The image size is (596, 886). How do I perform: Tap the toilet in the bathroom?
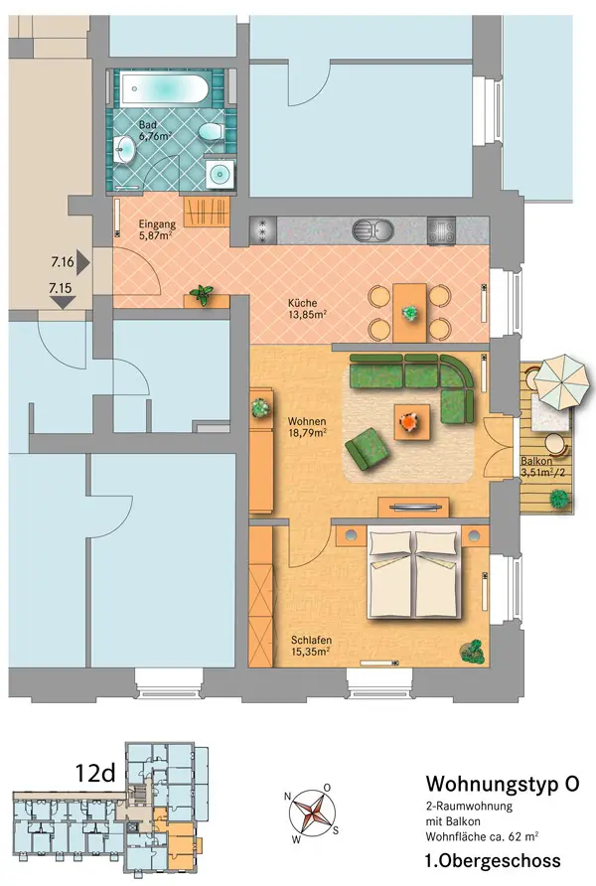point(212,133)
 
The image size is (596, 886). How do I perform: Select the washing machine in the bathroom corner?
point(220,174)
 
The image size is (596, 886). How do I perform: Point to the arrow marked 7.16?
point(83,262)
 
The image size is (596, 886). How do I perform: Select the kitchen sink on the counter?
point(372,230)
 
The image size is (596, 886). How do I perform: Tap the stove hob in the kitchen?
point(441,231)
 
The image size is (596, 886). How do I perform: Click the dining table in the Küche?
point(409,313)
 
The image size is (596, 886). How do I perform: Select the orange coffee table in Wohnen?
point(411,421)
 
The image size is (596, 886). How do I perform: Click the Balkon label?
point(536,461)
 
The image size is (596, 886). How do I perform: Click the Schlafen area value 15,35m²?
point(311,652)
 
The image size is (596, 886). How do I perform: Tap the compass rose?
point(312,813)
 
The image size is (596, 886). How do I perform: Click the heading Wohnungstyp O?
point(503,784)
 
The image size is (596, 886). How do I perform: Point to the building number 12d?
point(95,773)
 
